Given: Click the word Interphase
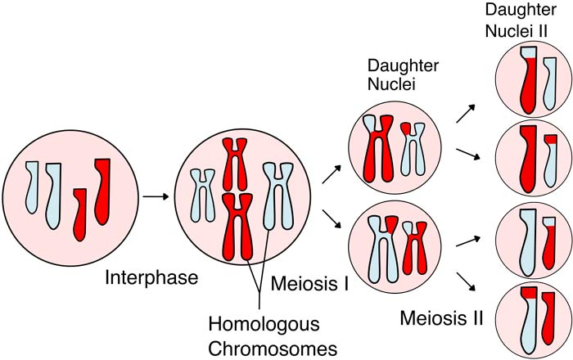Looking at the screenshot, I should click(x=151, y=278).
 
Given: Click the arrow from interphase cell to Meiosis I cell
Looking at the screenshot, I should click(x=156, y=196).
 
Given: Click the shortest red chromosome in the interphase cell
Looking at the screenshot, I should click(x=79, y=214).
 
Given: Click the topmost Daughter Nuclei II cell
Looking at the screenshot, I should click(x=528, y=82).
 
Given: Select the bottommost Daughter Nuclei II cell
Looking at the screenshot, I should click(x=528, y=318).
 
